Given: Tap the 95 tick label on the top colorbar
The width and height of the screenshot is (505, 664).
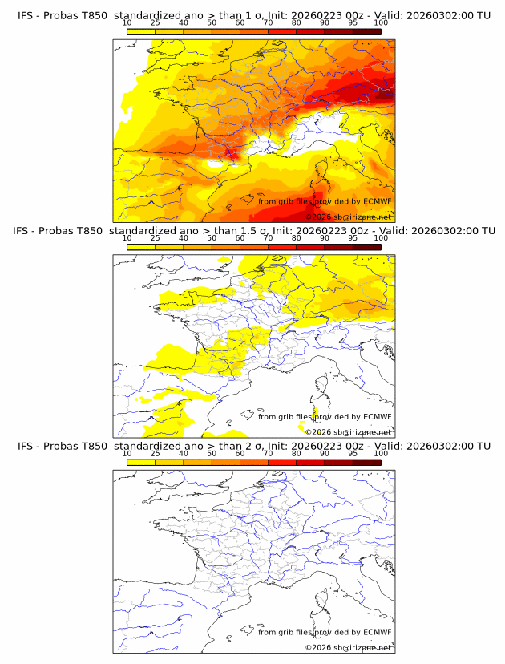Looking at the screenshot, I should pos(353,23).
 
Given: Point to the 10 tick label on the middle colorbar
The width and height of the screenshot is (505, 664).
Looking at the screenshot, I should pos(127,238).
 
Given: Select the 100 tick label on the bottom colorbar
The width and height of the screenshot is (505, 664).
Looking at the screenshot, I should pos(381,453).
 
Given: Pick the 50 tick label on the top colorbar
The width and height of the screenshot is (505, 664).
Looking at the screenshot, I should pos(212,23).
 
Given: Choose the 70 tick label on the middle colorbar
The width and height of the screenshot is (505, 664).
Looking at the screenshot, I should pos(268,238).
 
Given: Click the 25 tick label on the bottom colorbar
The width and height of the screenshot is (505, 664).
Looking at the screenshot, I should pos(155,453).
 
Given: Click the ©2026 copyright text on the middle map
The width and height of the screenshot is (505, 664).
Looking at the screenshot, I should pos(319,432).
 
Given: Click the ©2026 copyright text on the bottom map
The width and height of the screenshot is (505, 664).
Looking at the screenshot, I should pos(319,647).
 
